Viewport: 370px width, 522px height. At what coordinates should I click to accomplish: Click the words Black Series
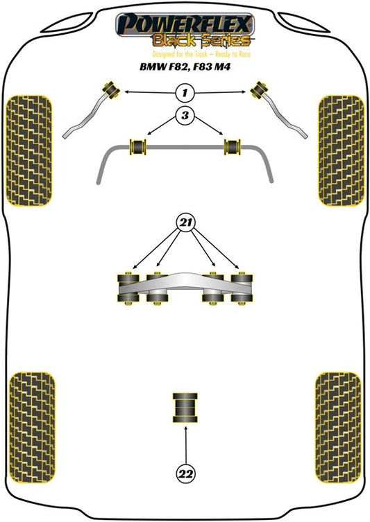(201, 41)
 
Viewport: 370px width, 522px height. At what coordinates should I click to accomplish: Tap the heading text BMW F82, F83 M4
(185, 67)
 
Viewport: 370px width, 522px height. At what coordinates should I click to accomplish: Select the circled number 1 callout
(185, 92)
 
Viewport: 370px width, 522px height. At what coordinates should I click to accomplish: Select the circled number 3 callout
(185, 115)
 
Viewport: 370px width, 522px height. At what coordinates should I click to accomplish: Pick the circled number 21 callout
(185, 222)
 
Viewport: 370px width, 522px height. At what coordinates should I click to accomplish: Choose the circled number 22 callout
(185, 473)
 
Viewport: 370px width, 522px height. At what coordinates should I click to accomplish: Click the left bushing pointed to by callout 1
(111, 89)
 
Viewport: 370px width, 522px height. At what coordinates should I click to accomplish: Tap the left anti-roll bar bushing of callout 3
(137, 147)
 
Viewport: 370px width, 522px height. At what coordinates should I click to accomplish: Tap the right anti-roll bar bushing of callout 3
(233, 147)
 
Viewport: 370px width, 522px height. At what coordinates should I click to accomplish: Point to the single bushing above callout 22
(185, 408)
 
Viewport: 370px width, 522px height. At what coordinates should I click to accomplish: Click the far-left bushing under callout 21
(128, 288)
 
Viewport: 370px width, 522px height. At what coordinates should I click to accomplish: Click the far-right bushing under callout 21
(242, 288)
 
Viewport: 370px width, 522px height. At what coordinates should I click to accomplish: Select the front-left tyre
(29, 151)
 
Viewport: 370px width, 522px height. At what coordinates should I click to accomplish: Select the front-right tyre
(341, 151)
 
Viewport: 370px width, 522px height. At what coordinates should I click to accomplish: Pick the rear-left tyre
(32, 428)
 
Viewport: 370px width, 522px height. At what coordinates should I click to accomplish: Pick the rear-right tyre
(338, 428)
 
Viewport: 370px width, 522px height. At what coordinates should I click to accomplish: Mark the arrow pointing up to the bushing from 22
(185, 445)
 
